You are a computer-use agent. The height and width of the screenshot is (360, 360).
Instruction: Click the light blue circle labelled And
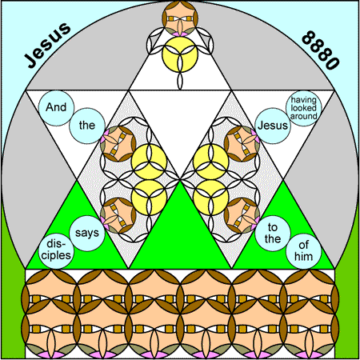click(x=56, y=108)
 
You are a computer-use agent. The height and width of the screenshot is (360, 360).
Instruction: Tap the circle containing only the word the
click(x=87, y=126)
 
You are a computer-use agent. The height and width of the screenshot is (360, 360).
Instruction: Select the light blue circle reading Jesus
click(x=273, y=126)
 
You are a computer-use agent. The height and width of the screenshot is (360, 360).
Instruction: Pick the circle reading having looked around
click(x=303, y=108)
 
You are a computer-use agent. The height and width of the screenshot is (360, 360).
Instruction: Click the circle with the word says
click(x=87, y=234)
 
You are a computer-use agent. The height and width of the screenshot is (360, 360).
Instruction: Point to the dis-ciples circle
click(x=56, y=251)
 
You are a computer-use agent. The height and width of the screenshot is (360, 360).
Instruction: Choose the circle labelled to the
click(x=273, y=234)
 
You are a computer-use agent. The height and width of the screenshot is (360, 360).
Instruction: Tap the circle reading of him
click(x=303, y=251)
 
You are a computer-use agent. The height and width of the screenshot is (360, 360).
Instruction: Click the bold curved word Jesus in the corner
click(x=47, y=45)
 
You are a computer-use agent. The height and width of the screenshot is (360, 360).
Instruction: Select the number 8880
click(x=321, y=50)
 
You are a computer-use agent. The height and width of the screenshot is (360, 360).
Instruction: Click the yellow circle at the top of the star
click(x=180, y=54)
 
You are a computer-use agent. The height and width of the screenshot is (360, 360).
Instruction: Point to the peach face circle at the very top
click(x=180, y=18)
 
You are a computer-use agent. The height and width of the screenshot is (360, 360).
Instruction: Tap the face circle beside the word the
click(x=118, y=144)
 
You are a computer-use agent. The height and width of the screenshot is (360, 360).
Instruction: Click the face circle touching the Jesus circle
click(x=242, y=144)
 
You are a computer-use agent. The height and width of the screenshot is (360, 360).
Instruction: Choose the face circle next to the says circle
click(x=118, y=215)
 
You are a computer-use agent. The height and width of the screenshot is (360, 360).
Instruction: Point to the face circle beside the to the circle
click(x=242, y=215)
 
